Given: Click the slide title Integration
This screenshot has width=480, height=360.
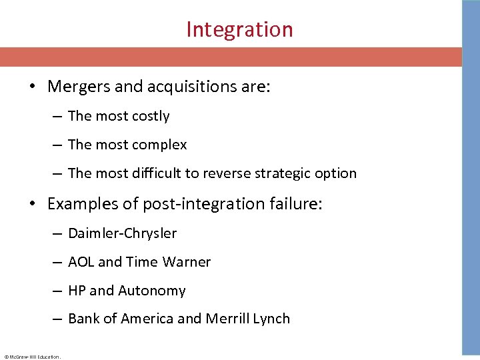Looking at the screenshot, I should (239, 29).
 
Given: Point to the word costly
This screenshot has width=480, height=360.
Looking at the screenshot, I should (151, 117).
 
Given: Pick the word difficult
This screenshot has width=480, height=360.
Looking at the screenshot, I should (151, 173).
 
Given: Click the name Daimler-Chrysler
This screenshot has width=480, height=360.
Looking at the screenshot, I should (123, 233).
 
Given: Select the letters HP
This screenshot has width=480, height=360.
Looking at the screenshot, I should (77, 291).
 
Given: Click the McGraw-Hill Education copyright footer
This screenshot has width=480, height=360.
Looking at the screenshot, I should (32, 357).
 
